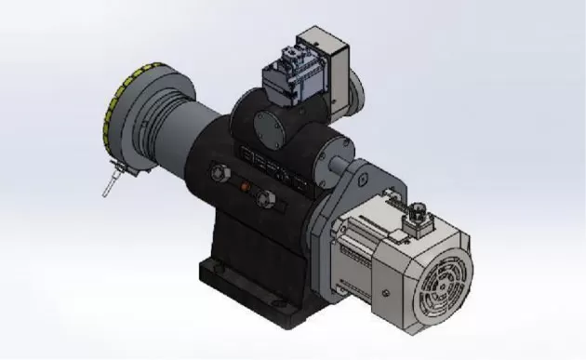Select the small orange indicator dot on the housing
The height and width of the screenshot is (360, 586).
click(x=246, y=187)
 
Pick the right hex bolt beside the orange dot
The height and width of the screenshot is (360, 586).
click(x=266, y=197)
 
